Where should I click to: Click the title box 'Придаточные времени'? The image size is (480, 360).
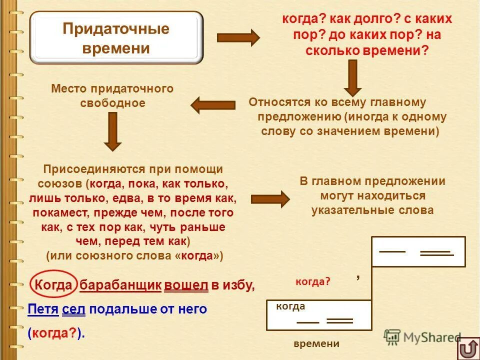116,38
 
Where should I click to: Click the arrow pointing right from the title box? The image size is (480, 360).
238,38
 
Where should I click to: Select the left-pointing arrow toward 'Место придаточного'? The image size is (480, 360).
213,105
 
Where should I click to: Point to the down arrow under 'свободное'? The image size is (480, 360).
112,131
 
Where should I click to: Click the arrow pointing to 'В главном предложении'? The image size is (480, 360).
270,199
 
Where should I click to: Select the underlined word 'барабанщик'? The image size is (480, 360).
120,285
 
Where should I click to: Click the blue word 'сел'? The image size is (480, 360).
74,309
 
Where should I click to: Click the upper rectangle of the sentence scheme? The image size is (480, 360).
418,251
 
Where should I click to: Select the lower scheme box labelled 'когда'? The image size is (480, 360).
319,315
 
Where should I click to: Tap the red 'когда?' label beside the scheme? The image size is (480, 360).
313,281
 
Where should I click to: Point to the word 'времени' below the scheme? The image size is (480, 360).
316,343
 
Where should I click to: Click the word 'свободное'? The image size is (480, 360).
112,103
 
